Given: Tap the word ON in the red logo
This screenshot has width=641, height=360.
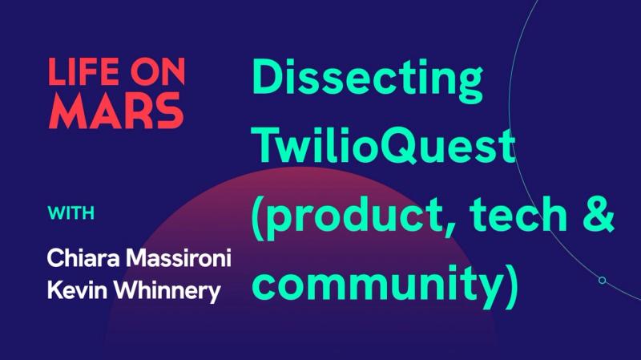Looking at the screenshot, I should tap(156, 73).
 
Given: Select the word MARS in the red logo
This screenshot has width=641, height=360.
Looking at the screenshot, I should tap(115, 113).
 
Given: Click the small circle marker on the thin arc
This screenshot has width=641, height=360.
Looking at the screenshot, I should tap(602, 281).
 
